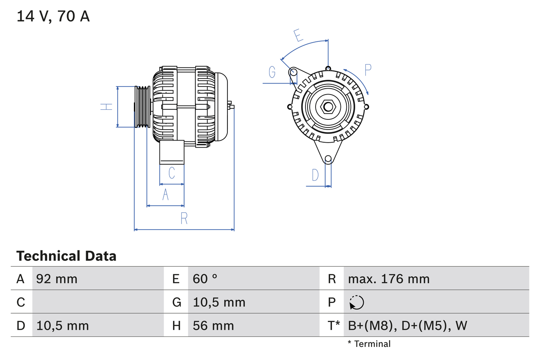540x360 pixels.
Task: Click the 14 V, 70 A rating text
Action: tap(53, 16)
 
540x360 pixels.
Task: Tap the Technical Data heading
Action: tap(66, 256)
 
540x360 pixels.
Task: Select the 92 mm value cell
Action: tap(57, 279)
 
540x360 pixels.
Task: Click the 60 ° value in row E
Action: tap(205, 279)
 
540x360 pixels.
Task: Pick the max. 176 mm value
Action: tap(389, 279)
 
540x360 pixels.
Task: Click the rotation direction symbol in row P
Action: tap(356, 302)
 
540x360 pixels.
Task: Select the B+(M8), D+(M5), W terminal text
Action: tap(408, 325)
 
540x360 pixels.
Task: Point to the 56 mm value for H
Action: tap(213, 325)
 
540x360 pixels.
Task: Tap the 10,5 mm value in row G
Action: tap(219, 302)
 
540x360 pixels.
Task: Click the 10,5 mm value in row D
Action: tap(62, 325)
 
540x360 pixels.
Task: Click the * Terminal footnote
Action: tap(369, 344)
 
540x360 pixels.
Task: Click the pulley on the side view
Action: tap(142, 107)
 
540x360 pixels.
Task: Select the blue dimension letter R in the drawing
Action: tap(184, 219)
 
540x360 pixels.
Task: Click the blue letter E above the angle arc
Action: tap(299, 35)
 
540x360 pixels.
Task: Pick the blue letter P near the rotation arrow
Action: tap(367, 70)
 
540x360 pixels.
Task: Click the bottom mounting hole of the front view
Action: tap(328, 159)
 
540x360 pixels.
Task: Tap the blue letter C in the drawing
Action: tap(172, 173)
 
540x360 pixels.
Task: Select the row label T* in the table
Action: tap(333, 325)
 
